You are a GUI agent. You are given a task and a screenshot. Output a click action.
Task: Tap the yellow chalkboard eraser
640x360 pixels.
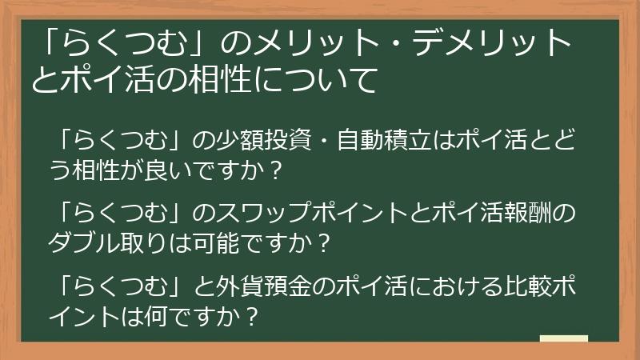563,338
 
